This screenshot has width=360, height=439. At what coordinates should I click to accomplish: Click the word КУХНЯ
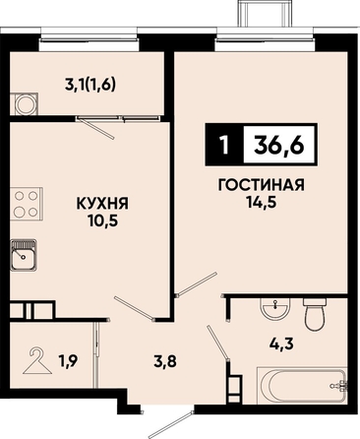click(102, 204)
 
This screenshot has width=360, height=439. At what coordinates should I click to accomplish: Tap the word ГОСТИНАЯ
click(262, 185)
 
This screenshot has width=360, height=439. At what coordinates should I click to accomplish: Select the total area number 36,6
click(279, 145)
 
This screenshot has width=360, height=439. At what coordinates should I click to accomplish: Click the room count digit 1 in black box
click(224, 146)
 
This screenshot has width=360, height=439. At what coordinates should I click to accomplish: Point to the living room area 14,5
click(261, 202)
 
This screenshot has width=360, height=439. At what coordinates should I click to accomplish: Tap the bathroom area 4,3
click(282, 345)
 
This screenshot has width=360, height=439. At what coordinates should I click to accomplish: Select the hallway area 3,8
click(165, 362)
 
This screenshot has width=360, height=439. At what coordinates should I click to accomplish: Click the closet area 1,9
click(69, 362)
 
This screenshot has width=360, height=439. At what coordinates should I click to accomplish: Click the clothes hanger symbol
click(37, 361)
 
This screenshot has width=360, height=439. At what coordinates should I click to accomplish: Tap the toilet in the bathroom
click(316, 314)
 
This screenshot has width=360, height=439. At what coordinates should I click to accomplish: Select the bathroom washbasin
click(275, 308)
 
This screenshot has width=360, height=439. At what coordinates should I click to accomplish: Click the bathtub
click(302, 385)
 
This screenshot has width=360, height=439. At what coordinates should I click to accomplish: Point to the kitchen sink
click(24, 255)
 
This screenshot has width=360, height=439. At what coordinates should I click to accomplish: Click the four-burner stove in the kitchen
click(27, 204)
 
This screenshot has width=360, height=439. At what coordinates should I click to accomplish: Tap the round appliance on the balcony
click(24, 104)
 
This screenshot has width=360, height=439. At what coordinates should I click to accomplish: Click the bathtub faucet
click(339, 386)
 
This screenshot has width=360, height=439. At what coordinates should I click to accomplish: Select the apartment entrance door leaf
click(170, 424)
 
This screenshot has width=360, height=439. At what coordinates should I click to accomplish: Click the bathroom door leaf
click(217, 343)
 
